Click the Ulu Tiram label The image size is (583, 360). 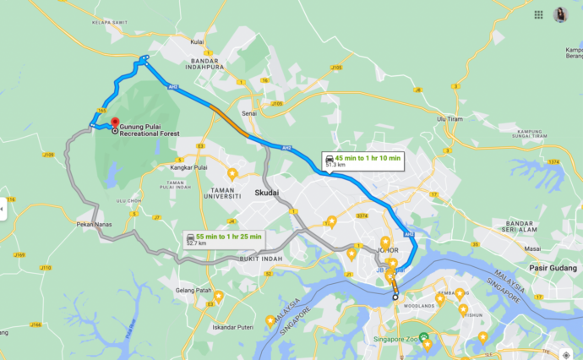451,119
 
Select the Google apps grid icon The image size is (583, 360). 539,14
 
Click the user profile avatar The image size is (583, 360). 559,14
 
